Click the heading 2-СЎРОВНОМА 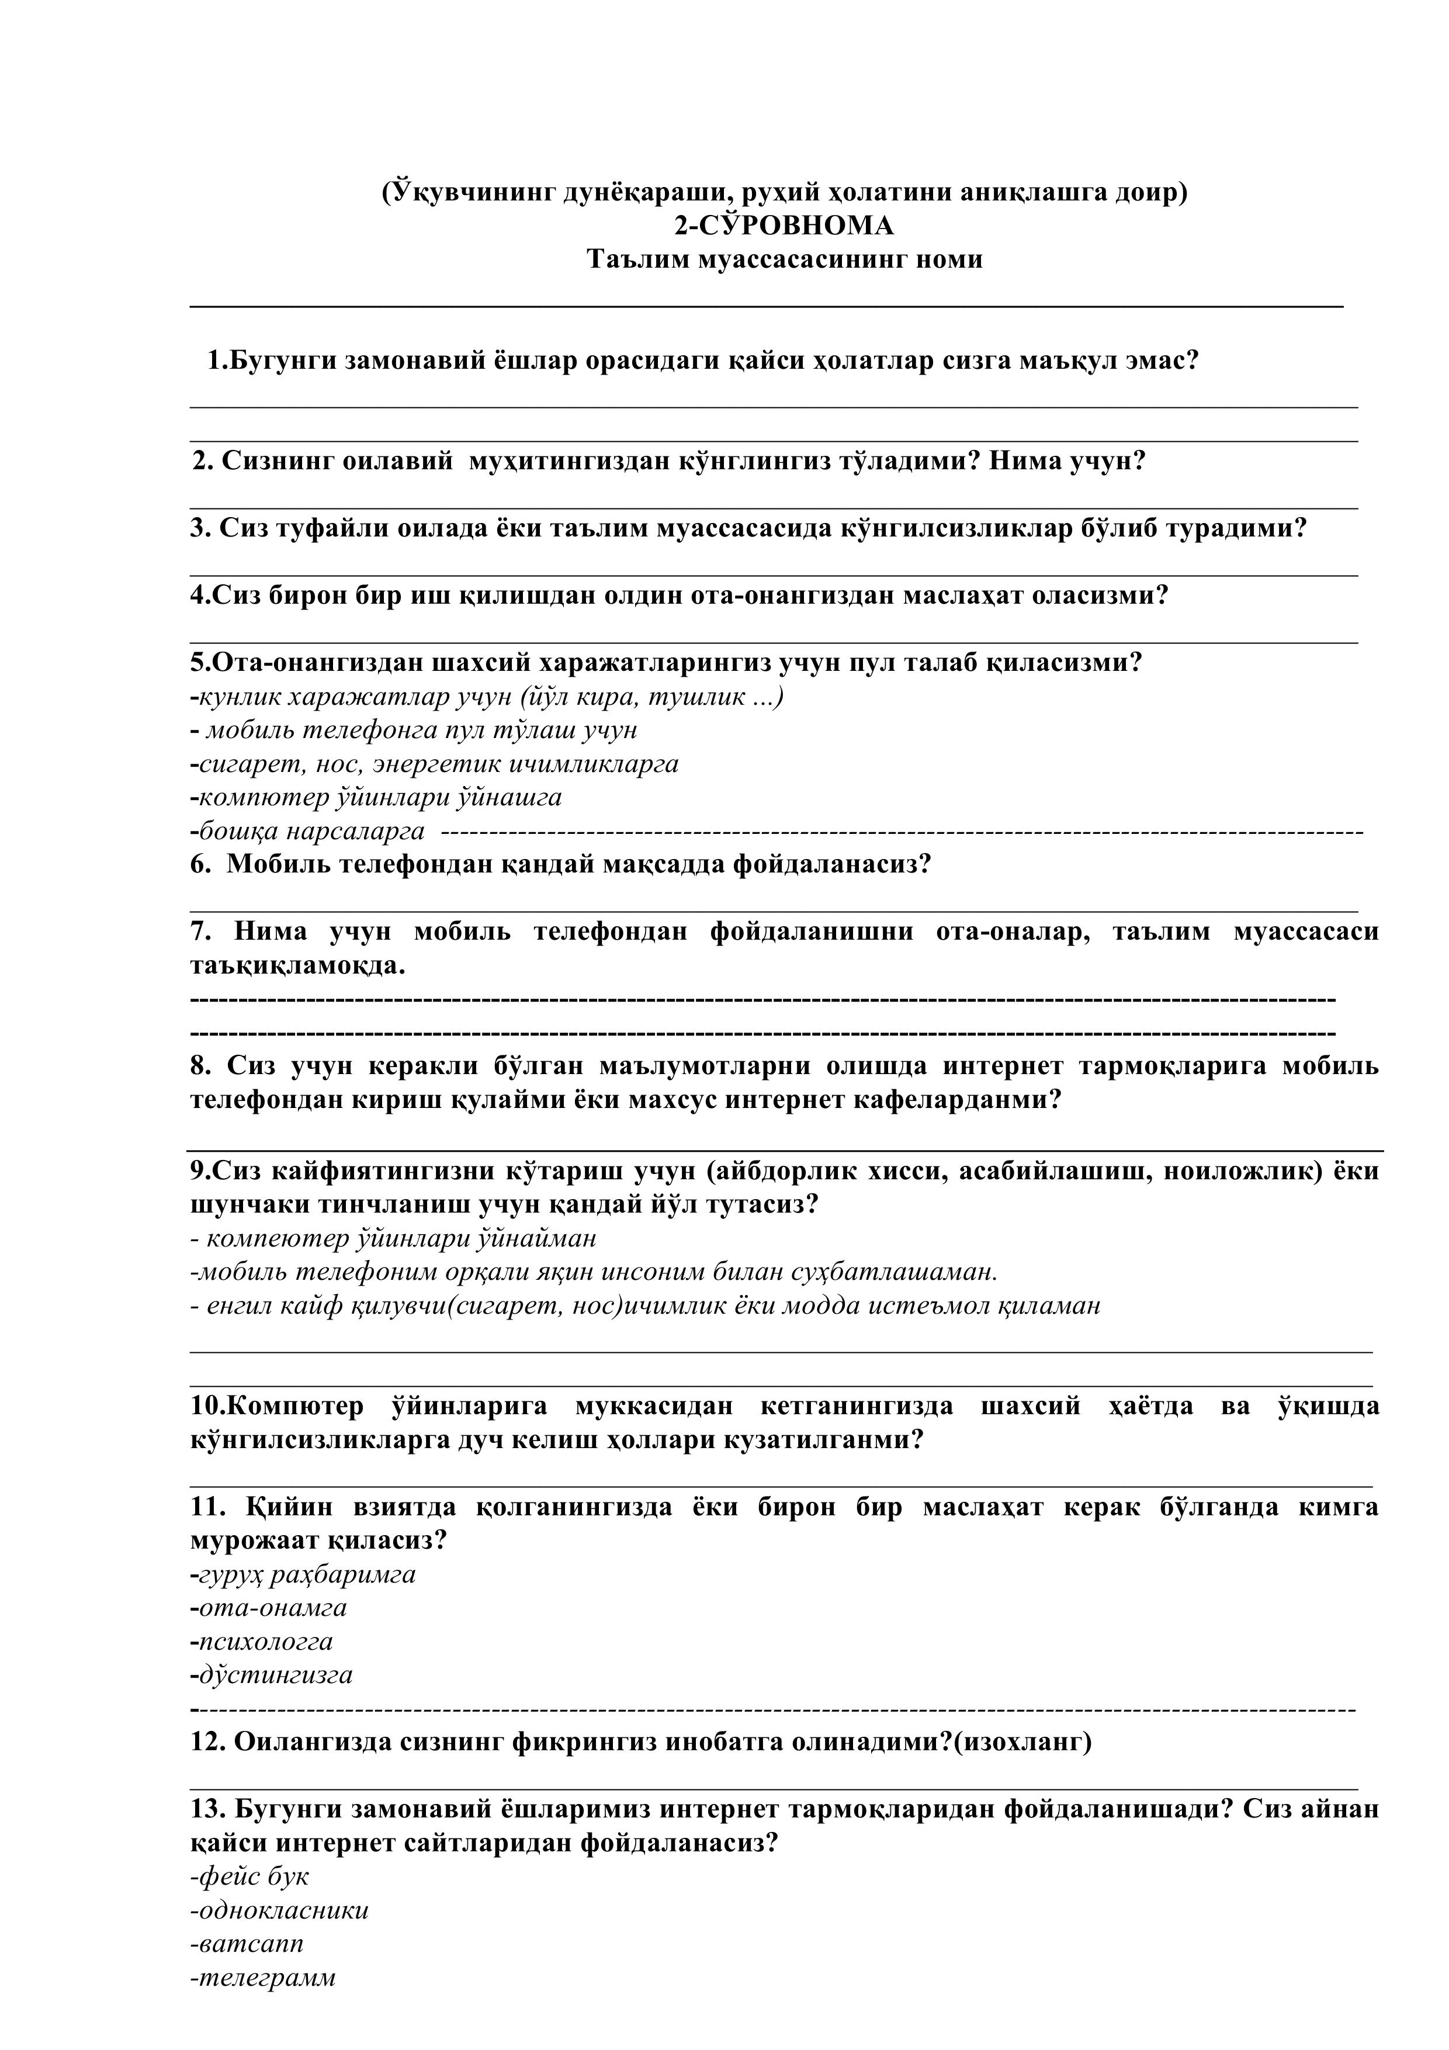click(784, 226)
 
